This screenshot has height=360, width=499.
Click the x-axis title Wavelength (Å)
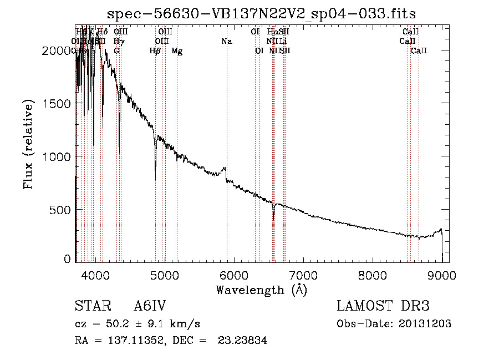pyautogui.click(x=261, y=290)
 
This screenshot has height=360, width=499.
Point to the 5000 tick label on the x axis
pyautogui.click(x=164, y=276)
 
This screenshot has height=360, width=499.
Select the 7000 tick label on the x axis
pyautogui.click(x=303, y=276)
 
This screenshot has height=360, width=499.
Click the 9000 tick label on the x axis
pyautogui.click(x=442, y=276)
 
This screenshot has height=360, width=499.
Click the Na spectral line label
pyautogui.click(x=226, y=41)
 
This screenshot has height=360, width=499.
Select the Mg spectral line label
pyautogui.click(x=177, y=51)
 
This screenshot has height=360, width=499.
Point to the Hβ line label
pyautogui.click(x=155, y=51)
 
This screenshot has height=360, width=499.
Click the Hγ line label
pyautogui.click(x=119, y=41)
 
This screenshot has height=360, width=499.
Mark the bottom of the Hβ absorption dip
pyautogui.click(x=155, y=179)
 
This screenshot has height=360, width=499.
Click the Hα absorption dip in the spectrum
pyautogui.click(x=273, y=218)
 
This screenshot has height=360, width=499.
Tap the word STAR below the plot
pyautogui.click(x=91, y=306)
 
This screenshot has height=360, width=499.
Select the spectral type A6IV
pyautogui.click(x=150, y=306)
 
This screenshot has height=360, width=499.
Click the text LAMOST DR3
pyautogui.click(x=383, y=306)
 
